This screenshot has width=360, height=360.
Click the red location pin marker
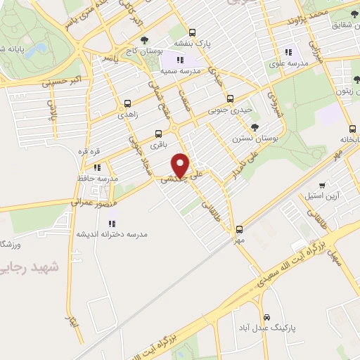181,165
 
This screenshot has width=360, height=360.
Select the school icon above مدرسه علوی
287,52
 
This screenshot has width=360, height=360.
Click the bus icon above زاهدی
127,102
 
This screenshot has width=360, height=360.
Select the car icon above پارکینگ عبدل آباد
266,317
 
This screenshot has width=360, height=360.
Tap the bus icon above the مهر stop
239,229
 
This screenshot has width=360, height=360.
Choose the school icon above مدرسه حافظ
97,167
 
